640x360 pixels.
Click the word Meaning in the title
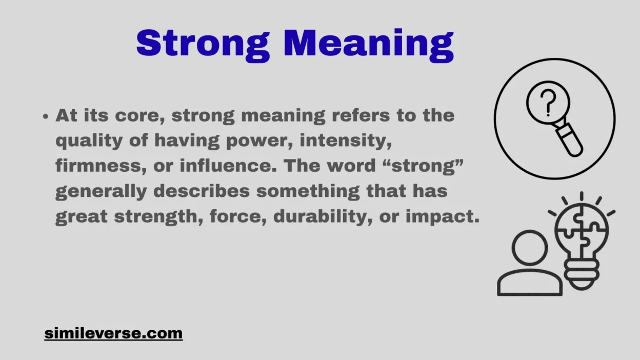pyautogui.click(x=368, y=44)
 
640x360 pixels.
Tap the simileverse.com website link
pyautogui.click(x=113, y=333)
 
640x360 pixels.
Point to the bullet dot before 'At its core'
pyautogui.click(x=46, y=116)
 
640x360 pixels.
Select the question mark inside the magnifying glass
pyautogui.click(x=548, y=102)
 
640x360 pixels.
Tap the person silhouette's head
pyautogui.click(x=529, y=248)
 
